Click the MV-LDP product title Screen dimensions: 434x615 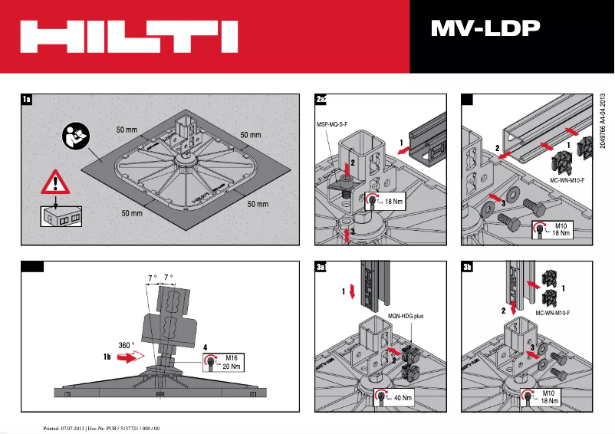click(485, 28)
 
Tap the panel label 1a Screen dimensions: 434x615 click(27, 100)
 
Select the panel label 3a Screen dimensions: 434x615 click(321, 268)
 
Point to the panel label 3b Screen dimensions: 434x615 click(468, 268)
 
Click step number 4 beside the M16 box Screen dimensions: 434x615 click(205, 347)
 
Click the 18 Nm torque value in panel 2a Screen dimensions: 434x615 click(391, 201)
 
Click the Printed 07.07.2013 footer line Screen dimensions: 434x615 click(100, 426)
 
